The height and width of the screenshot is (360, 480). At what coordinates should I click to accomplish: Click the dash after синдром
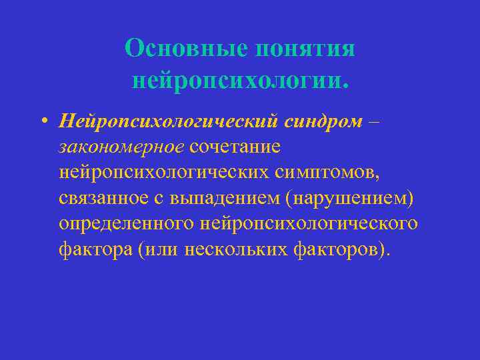[358, 121]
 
